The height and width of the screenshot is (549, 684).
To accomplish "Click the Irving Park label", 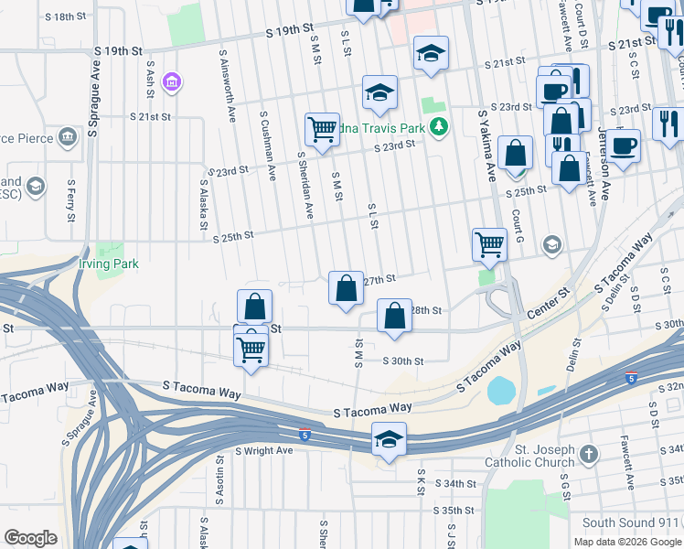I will tap(109, 264).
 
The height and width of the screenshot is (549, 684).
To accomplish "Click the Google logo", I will tap(30, 538).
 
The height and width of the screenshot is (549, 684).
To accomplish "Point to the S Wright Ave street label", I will tap(263, 450).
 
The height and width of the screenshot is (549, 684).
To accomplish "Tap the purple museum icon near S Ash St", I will tap(170, 84).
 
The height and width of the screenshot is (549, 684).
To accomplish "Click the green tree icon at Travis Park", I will tap(440, 125).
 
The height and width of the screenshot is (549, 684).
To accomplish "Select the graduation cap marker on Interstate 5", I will tap(389, 440).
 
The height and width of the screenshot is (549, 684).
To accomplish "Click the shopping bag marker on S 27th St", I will tap(346, 289).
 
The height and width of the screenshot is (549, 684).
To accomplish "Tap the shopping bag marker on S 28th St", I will tap(393, 317).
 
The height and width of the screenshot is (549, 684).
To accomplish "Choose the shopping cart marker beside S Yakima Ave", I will tap(489, 243).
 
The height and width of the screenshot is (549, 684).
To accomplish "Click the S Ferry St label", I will tap(70, 201).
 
